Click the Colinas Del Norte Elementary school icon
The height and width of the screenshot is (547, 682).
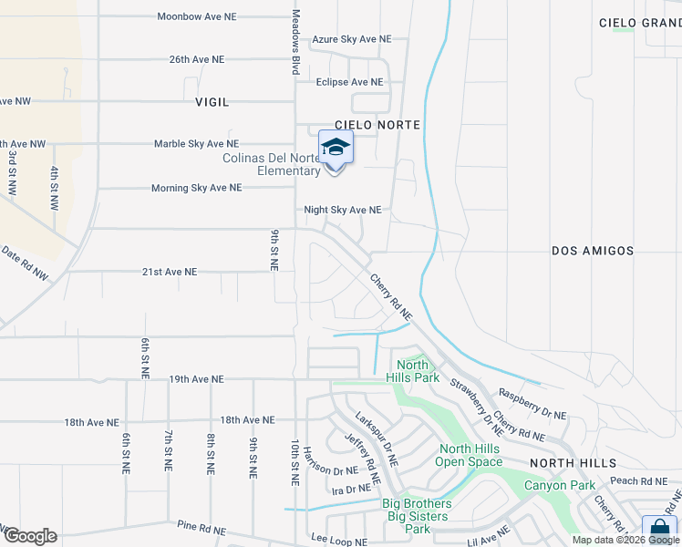point(336,148)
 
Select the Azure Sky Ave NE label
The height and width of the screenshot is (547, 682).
point(351,39)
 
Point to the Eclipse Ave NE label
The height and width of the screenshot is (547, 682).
point(349,82)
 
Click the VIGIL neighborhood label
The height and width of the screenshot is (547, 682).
point(212,103)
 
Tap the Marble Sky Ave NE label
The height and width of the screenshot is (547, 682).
point(196,144)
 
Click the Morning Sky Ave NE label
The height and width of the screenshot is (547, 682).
point(196,188)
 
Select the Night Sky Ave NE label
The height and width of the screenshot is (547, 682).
point(342,210)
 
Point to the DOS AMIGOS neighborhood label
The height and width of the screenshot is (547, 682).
point(593,250)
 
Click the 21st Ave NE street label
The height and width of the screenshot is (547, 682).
point(169,272)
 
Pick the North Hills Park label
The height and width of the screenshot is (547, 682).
point(413,372)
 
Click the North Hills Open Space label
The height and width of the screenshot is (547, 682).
point(470,455)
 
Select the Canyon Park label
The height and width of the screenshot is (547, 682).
point(559,485)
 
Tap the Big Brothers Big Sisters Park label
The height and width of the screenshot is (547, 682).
point(417,516)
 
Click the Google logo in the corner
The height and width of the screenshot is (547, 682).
point(29,536)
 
